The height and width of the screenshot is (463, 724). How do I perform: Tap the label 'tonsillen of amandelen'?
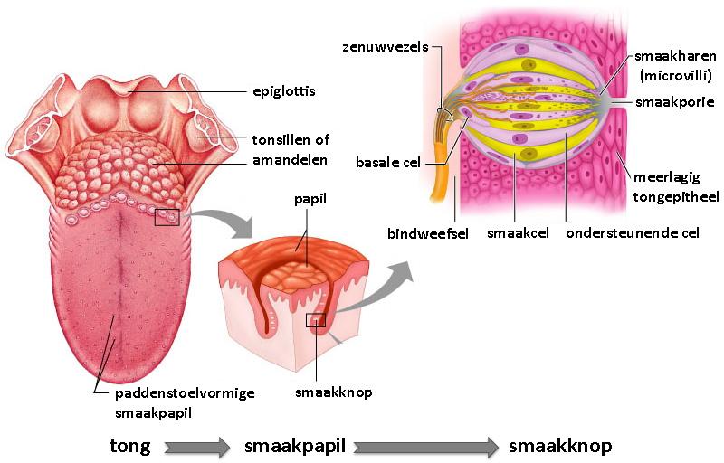point(290,149)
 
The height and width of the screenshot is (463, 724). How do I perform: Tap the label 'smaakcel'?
point(513,233)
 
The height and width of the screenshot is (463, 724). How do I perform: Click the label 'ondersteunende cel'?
point(633,233)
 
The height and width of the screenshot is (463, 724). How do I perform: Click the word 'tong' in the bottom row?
point(131,446)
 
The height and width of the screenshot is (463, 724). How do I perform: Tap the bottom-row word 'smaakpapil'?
point(295,446)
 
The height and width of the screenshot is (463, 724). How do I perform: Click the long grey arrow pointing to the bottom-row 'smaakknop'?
point(426,446)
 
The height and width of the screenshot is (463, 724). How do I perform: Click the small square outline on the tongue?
point(167,217)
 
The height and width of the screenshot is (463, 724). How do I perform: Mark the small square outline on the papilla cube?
point(315,320)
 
